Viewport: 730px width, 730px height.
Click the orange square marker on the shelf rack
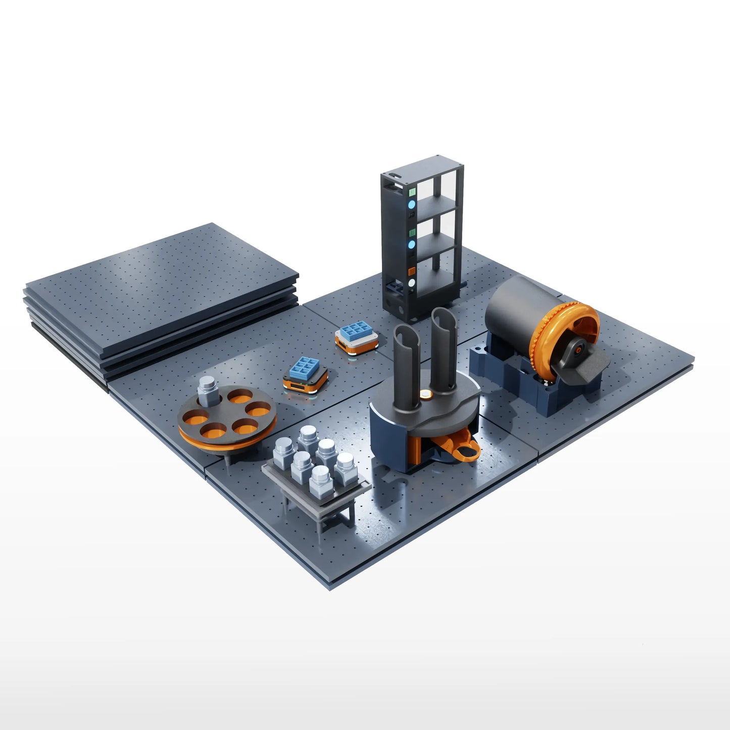(412, 271)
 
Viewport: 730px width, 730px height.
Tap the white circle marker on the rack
(412, 283)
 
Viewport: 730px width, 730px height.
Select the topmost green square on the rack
(412, 192)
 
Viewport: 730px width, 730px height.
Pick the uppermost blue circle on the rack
(412, 205)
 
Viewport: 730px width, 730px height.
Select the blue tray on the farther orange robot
(356, 331)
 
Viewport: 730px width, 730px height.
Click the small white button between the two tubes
(427, 394)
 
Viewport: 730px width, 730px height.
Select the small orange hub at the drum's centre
(579, 347)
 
